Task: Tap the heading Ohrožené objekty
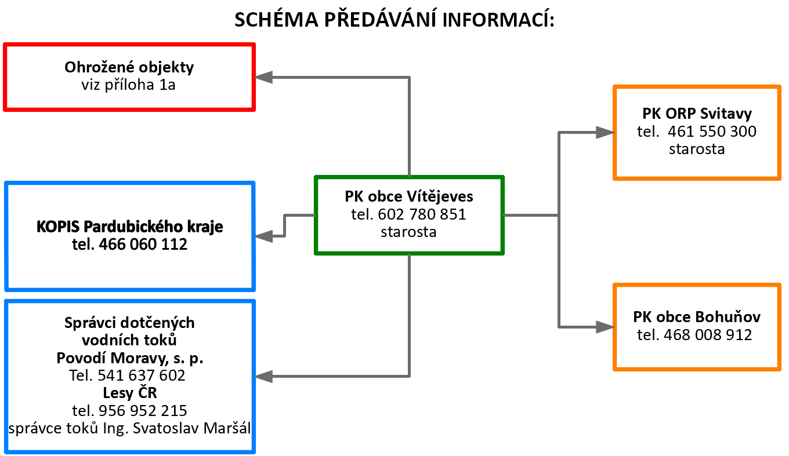[x=129, y=68]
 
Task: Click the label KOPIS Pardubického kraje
[x=129, y=227]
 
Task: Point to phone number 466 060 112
[x=143, y=244]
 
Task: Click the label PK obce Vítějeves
[x=409, y=196]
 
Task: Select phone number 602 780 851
[x=422, y=214]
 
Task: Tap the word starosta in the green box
[x=408, y=232]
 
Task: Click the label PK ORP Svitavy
[x=697, y=114]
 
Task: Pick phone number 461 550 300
[x=712, y=132]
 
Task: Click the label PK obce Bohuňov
[x=697, y=317]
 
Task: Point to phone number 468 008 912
[x=708, y=335]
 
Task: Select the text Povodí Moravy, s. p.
[x=130, y=359]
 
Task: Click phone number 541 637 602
[x=141, y=375]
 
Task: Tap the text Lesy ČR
[x=129, y=392]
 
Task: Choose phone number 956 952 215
[x=143, y=411]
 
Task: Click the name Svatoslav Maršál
[x=192, y=428]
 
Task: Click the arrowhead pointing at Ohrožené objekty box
[x=263, y=77]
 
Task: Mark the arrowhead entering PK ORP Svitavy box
[x=605, y=132]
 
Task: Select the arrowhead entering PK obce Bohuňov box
[x=605, y=327]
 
